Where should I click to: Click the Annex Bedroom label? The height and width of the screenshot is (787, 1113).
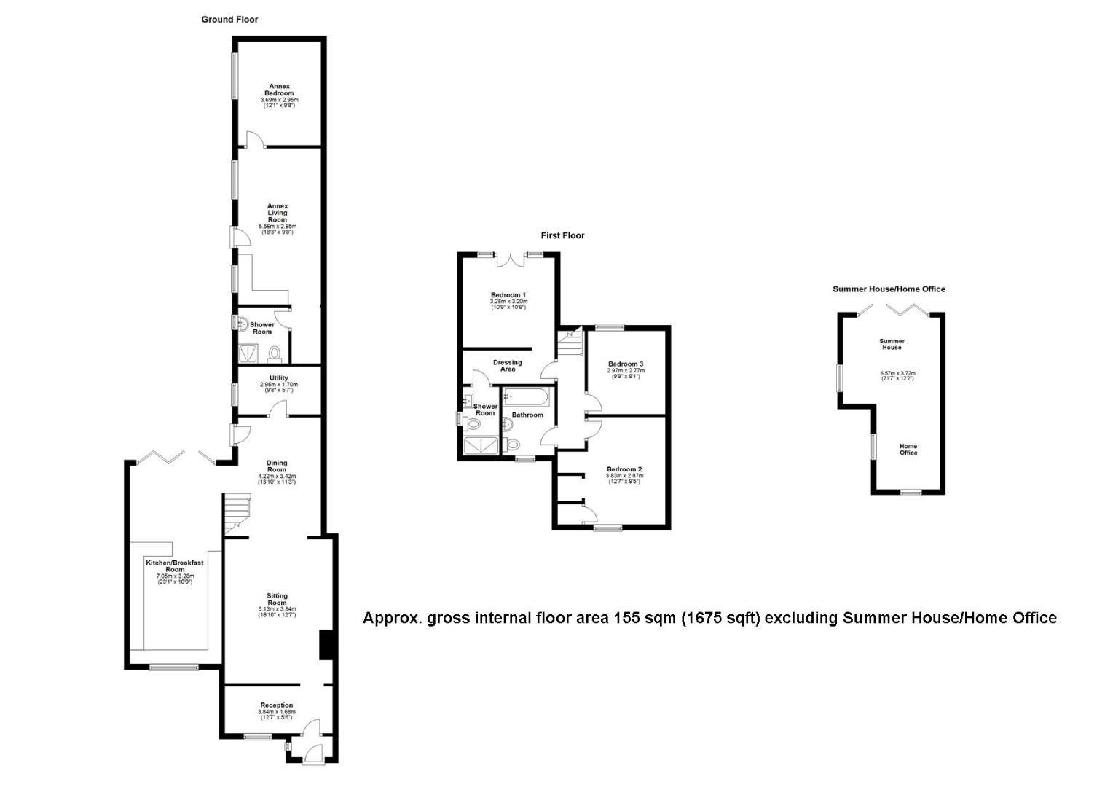(x=280, y=90)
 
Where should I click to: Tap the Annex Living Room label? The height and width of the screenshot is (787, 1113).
(x=278, y=213)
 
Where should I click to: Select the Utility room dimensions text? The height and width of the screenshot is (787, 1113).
(x=279, y=385)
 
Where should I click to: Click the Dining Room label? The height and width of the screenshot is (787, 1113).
(x=277, y=466)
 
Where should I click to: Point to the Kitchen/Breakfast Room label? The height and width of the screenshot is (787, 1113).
(x=175, y=566)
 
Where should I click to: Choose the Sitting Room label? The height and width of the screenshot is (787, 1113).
(x=277, y=599)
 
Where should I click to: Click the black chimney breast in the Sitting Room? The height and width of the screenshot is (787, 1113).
(x=326, y=646)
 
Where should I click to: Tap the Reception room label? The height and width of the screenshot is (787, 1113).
(x=277, y=705)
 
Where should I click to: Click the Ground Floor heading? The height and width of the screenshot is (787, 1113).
(x=229, y=20)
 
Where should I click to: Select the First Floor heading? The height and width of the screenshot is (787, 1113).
(x=562, y=235)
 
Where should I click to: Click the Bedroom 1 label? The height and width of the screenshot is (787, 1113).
(x=508, y=295)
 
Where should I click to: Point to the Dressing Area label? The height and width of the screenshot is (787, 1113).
(x=508, y=366)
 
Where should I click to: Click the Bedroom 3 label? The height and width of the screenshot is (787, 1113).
(x=626, y=364)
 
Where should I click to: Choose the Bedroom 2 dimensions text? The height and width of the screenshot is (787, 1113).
(x=624, y=479)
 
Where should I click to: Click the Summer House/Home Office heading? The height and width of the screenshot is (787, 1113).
(x=889, y=289)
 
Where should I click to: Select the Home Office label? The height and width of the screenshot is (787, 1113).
(x=908, y=450)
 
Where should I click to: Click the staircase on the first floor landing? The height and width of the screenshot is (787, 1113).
(x=571, y=344)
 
